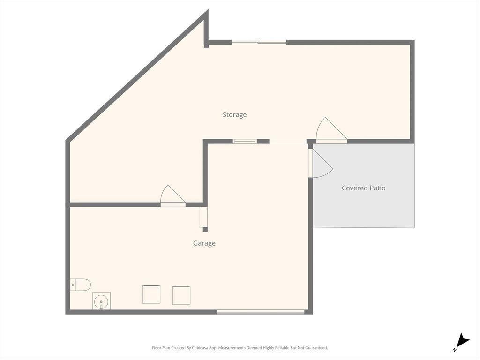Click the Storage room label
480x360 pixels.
(234, 115)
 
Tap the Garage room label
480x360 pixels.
(204, 243)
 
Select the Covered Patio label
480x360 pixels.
(363, 188)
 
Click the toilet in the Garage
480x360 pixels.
(80, 285)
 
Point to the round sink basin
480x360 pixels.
(101, 301)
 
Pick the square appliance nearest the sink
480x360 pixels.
(151, 294)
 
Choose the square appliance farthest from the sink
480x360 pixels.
(181, 295)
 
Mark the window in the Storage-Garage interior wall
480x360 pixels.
(245, 141)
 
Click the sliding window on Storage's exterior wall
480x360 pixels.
(259, 42)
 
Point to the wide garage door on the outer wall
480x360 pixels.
(261, 312)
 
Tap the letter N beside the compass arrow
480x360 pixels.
(454, 350)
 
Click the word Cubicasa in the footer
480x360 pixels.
(201, 348)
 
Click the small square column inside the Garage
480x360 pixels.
(205, 229)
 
